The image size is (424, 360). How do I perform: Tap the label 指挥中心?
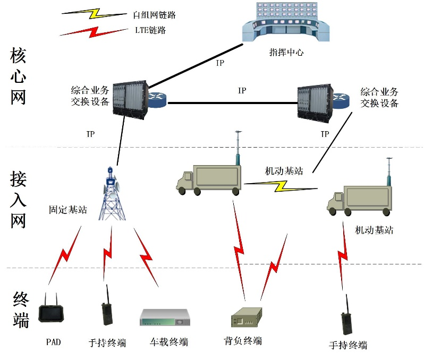tap(286, 53)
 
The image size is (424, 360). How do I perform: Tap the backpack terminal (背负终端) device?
tap(246, 318)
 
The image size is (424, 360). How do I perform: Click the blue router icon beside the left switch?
tap(157, 100)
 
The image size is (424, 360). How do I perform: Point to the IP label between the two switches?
tap(242, 91)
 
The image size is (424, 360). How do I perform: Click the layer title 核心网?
tap(18, 77)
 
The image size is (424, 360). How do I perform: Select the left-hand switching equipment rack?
tap(129, 98)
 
